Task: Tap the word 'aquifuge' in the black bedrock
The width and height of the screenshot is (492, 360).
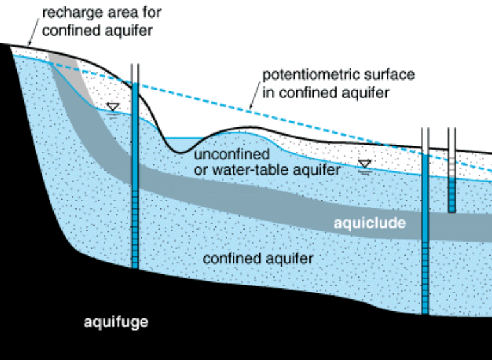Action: (x=116, y=322)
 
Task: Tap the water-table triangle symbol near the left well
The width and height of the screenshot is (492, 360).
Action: (x=113, y=107)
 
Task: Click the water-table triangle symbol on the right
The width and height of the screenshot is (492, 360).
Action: (x=364, y=164)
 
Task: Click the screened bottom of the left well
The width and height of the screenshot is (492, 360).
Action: (x=135, y=237)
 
